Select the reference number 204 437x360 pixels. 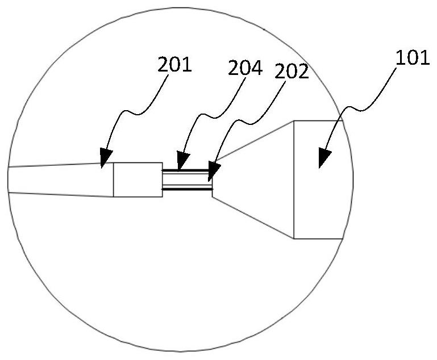[245, 69]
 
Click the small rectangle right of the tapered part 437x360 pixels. [138, 179]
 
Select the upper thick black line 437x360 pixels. [187, 170]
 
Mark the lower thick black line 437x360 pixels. [187, 189]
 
